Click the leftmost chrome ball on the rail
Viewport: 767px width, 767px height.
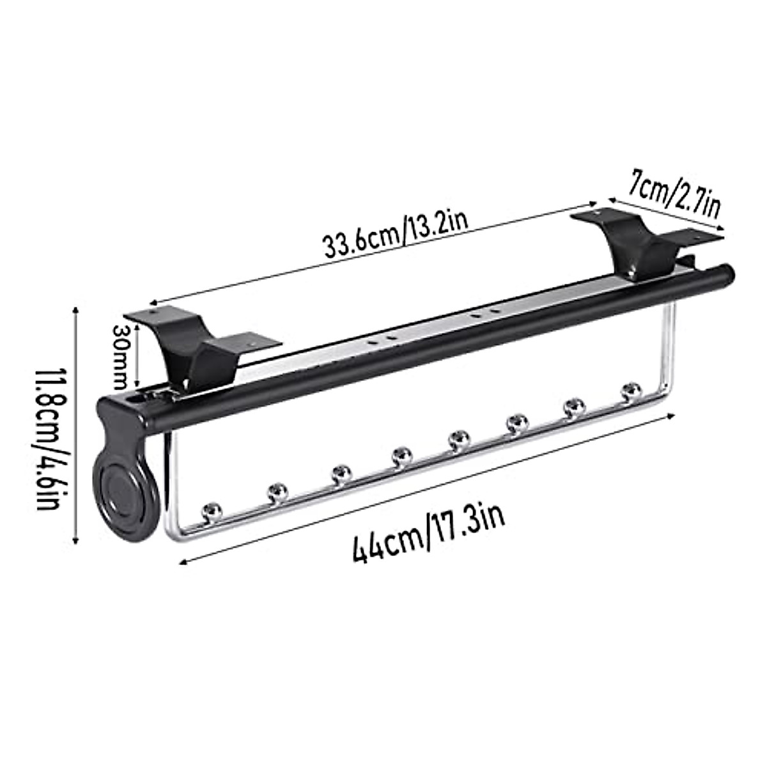click(x=212, y=511)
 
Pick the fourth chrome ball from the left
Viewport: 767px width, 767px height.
click(x=401, y=456)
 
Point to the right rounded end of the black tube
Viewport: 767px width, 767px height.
click(x=729, y=273)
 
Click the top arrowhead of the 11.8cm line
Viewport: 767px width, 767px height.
click(x=76, y=309)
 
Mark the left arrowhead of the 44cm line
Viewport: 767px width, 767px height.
click(x=183, y=563)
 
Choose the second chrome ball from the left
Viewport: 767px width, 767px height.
click(x=277, y=492)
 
